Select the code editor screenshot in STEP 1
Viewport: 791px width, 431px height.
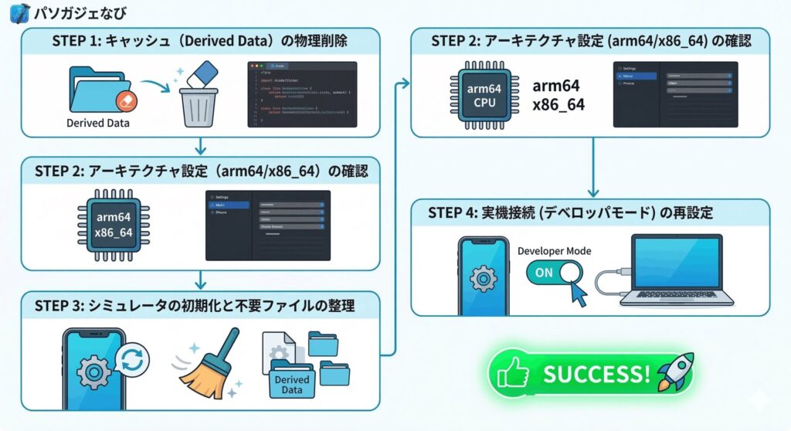tap(302, 94)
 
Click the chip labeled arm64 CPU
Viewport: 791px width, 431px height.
tap(484, 96)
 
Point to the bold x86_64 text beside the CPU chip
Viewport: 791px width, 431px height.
tap(558, 105)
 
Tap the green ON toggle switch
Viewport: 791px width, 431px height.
tap(555, 273)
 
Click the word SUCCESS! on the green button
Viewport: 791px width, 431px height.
tap(596, 375)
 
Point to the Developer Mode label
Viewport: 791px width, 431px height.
tap(554, 251)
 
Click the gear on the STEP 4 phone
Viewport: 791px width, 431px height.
tap(484, 277)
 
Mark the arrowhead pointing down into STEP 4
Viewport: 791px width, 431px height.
tap(593, 192)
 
